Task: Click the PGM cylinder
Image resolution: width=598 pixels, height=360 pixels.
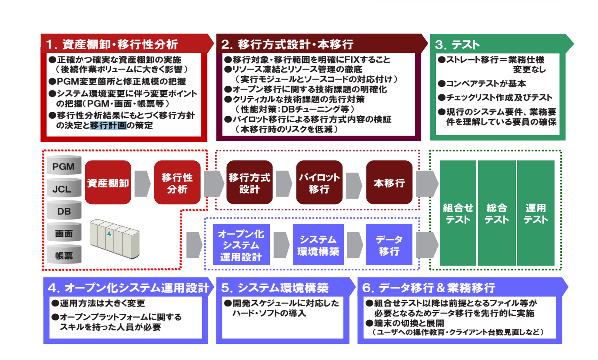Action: click(64, 167)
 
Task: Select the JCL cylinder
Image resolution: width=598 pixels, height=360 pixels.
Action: click(64, 189)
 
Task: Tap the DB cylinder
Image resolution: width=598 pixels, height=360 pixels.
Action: click(64, 212)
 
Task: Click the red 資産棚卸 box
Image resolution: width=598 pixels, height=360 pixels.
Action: click(108, 183)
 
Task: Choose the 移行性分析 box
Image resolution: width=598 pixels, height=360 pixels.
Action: click(177, 183)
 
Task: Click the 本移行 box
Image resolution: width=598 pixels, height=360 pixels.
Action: click(389, 183)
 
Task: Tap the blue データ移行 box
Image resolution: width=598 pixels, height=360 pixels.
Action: click(389, 245)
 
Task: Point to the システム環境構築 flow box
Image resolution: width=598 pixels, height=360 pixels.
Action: click(318, 245)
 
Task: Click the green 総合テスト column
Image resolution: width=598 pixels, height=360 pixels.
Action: click(497, 213)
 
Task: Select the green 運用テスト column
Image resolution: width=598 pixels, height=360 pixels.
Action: click(535, 213)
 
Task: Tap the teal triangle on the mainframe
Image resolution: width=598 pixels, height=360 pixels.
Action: click(109, 234)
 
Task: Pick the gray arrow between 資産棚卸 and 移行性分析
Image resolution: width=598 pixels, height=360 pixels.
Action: click(142, 183)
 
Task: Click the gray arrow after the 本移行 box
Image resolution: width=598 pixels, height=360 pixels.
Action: click(426, 183)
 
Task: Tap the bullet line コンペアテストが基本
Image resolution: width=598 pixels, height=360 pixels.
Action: click(483, 83)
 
